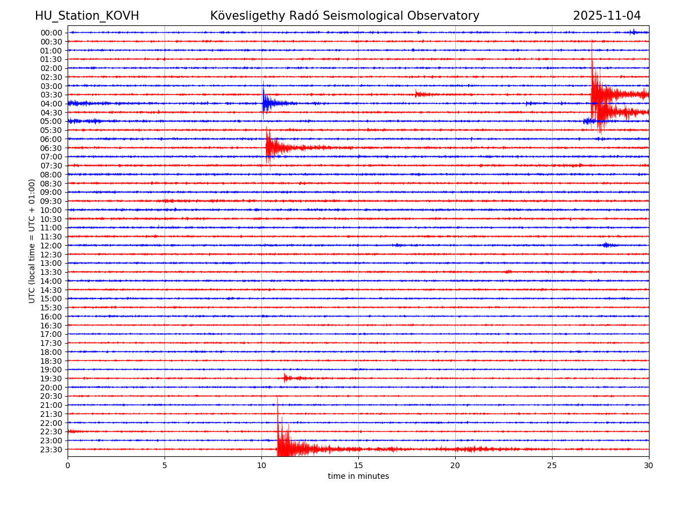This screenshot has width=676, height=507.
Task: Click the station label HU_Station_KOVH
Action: (x=87, y=16)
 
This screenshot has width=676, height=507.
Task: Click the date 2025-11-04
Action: (x=607, y=16)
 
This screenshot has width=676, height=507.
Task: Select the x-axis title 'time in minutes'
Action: (x=358, y=477)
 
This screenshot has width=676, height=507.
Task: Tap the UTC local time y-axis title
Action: (x=32, y=241)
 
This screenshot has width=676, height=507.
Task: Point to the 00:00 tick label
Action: (x=51, y=33)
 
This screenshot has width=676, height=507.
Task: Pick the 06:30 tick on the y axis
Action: (x=51, y=148)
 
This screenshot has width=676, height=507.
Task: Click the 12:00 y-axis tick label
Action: (x=51, y=246)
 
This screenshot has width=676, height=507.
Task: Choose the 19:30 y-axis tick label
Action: (x=51, y=379)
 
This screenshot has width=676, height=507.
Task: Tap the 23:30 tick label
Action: (x=51, y=450)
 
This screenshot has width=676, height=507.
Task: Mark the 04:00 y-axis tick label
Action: (x=51, y=104)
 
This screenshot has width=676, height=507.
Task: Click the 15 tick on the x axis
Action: (x=358, y=466)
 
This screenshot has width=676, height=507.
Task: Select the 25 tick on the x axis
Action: (x=552, y=466)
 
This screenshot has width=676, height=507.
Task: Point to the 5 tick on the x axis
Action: (x=164, y=466)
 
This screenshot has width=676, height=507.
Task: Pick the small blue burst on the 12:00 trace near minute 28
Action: (x=606, y=245)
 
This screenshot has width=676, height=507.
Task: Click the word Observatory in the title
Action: (x=448, y=16)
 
